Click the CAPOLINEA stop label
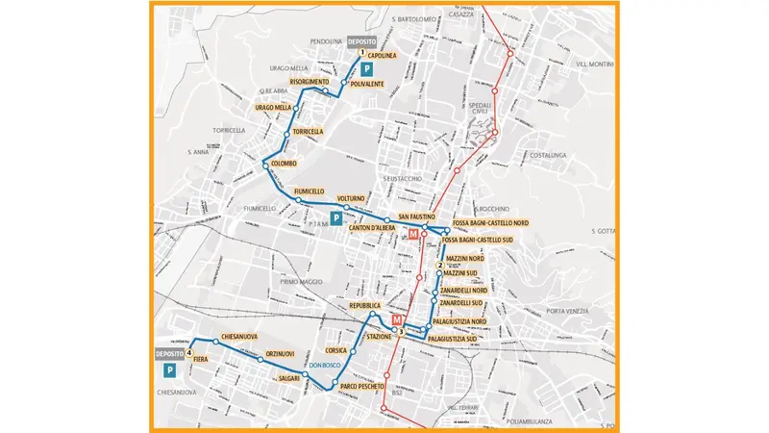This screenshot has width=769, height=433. tap(383, 56)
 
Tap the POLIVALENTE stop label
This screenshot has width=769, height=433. tap(367, 84)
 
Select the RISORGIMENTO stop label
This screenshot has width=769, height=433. tap(310, 82)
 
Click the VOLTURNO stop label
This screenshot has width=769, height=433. tap(351, 198)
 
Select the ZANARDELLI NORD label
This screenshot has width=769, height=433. tap(464, 291)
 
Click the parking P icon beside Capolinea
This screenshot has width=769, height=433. tap(366, 68)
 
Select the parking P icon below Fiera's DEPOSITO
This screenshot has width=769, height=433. tap(169, 370)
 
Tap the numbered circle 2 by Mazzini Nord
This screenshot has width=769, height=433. tap(439, 265)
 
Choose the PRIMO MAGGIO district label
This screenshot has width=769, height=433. tap(300, 282)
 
